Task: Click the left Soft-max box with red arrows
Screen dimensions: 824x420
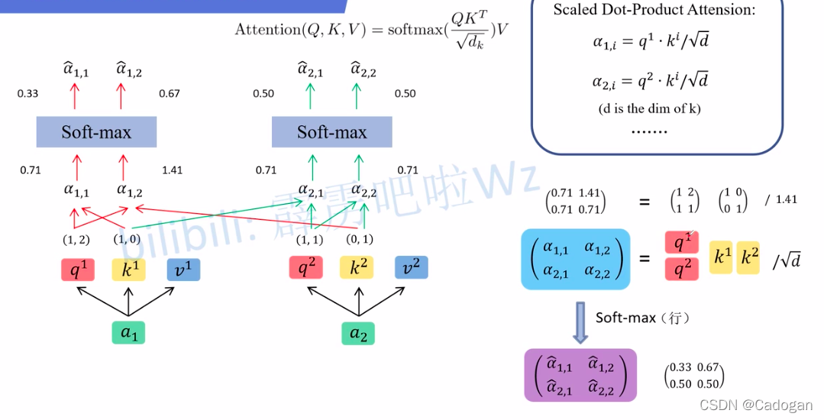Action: pyautogui.click(x=96, y=132)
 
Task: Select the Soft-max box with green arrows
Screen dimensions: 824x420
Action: pyautogui.click(x=331, y=132)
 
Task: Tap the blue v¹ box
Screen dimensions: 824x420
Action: pyautogui.click(x=183, y=269)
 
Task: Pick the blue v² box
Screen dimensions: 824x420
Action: pyautogui.click(x=411, y=268)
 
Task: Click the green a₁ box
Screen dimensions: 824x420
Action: pyautogui.click(x=128, y=332)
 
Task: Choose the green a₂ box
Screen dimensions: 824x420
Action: pyautogui.click(x=357, y=332)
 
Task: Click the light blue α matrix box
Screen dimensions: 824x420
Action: pyautogui.click(x=575, y=259)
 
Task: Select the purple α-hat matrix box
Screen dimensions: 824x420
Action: pyautogui.click(x=580, y=375)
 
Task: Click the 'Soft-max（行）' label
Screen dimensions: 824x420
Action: pyautogui.click(x=642, y=318)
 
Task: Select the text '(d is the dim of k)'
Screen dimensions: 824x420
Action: pyautogui.click(x=649, y=108)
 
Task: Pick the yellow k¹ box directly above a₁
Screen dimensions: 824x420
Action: pyautogui.click(x=128, y=269)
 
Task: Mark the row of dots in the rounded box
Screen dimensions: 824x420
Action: pyautogui.click(x=649, y=130)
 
